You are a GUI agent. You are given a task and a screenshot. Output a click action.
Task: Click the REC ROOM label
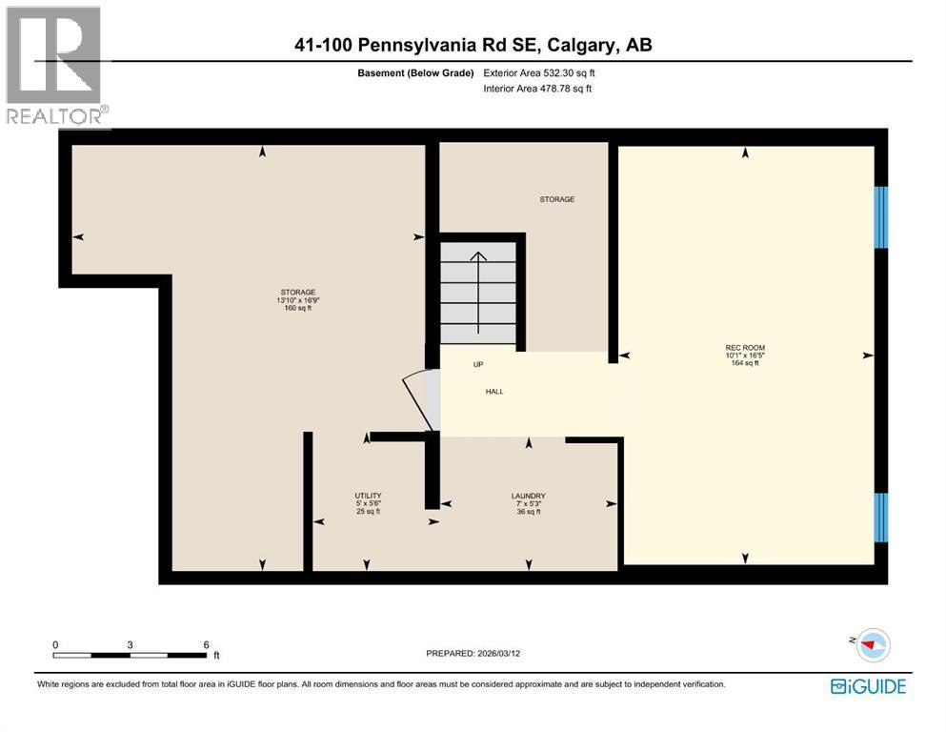pos(745,347)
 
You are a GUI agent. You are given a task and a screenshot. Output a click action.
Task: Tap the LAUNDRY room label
pos(528,496)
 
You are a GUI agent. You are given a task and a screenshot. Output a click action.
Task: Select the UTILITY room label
pos(368,496)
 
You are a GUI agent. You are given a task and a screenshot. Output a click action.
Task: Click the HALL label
pos(493,391)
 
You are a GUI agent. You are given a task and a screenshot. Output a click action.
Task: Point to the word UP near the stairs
pos(478,364)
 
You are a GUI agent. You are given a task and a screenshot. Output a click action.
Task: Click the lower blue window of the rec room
pos(880,517)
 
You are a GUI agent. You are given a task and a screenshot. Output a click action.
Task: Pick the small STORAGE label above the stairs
pos(557,199)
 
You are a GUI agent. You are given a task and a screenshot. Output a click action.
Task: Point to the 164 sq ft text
pos(745,363)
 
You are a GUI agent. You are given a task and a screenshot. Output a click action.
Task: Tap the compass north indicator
pos(869,644)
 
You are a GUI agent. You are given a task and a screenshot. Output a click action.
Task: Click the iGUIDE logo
pos(868,686)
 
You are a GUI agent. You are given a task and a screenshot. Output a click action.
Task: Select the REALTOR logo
pos(55,67)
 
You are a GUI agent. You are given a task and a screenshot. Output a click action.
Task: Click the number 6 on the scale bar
pos(206,644)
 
